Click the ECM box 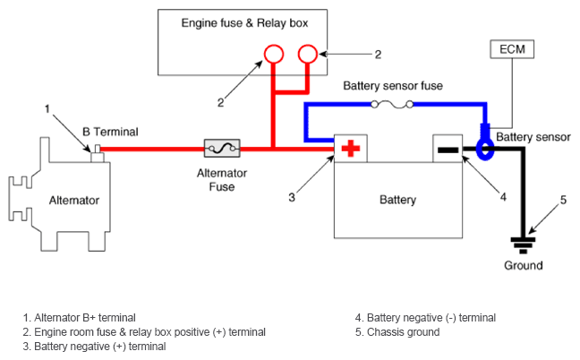(513, 49)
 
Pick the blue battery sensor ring (483, 148)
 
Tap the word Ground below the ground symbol (523, 266)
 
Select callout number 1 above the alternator (47, 108)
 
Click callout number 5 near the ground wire (563, 199)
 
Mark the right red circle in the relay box (308, 55)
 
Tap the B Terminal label (110, 132)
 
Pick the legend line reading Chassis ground (397, 332)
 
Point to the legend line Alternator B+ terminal (80, 317)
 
